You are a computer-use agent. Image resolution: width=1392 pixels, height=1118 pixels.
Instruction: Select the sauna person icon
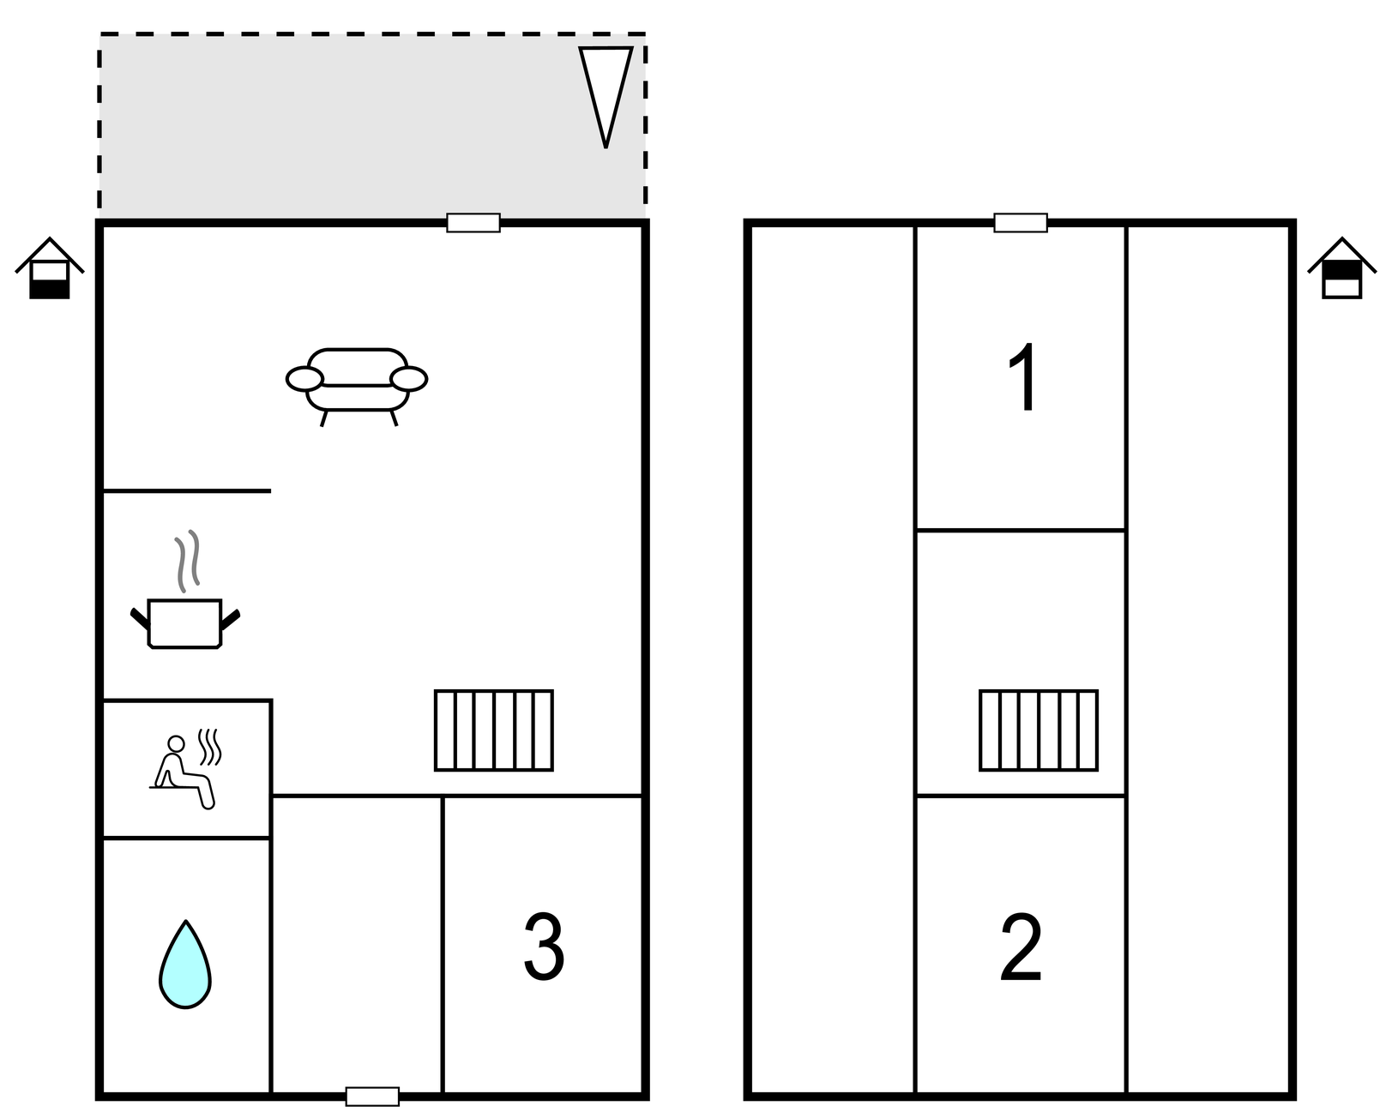[182, 772]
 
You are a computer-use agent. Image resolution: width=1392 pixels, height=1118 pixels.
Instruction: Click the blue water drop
[185, 965]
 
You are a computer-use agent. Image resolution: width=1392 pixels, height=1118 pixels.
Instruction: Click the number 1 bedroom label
[1023, 377]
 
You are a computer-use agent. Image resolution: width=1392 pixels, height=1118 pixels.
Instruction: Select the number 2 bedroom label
[1021, 948]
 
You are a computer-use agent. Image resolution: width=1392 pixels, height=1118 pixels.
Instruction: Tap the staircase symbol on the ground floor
[494, 730]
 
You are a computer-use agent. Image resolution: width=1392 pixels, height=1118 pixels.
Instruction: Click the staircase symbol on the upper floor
[1039, 730]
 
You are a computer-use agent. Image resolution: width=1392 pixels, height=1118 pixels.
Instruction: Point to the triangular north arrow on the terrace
[606, 91]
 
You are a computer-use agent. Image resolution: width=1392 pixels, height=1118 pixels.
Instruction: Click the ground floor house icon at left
[50, 269]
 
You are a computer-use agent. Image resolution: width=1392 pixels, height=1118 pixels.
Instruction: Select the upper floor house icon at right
[1341, 269]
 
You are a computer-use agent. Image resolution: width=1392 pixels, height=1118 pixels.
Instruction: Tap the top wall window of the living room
[473, 223]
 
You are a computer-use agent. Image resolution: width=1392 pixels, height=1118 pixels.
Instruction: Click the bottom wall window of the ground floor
[372, 1097]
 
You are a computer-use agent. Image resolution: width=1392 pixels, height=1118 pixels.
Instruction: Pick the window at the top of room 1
[1021, 223]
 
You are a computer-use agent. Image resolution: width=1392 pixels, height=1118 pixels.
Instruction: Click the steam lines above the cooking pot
[188, 561]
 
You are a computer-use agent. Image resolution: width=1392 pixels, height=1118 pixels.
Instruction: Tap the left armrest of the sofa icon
[304, 378]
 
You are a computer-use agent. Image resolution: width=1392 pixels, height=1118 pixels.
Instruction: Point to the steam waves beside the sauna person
[210, 746]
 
